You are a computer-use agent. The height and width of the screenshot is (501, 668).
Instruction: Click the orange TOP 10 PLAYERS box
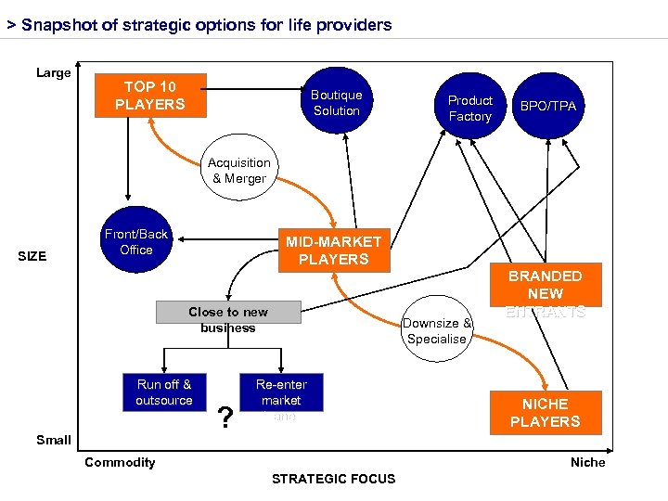tap(150, 96)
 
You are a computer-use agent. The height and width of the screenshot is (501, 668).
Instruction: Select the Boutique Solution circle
tap(336, 102)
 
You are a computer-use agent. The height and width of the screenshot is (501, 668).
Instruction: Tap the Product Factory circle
tap(469, 108)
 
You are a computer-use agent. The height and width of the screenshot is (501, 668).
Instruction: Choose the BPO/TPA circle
tap(547, 106)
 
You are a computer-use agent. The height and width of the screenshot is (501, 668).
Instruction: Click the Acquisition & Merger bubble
tap(238, 171)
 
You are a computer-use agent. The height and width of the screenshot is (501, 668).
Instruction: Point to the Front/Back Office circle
tap(136, 242)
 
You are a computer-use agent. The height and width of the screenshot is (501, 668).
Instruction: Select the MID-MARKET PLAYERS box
tap(333, 250)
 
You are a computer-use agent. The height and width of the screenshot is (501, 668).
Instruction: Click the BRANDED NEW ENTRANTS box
tap(545, 293)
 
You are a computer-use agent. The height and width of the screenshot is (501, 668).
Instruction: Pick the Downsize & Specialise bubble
tap(436, 331)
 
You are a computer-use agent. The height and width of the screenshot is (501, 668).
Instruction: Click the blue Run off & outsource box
tap(164, 392)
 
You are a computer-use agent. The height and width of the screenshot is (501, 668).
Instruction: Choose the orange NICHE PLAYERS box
tap(545, 413)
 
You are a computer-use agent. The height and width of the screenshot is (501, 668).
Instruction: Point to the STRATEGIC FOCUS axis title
tap(333, 479)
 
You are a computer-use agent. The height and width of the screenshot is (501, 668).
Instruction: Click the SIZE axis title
tap(32, 256)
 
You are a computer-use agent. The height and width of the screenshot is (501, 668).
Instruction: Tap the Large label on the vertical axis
tap(53, 72)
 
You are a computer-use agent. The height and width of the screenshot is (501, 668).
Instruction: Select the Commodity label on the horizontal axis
tap(120, 462)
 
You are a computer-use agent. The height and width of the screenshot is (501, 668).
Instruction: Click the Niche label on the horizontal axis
tap(587, 462)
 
